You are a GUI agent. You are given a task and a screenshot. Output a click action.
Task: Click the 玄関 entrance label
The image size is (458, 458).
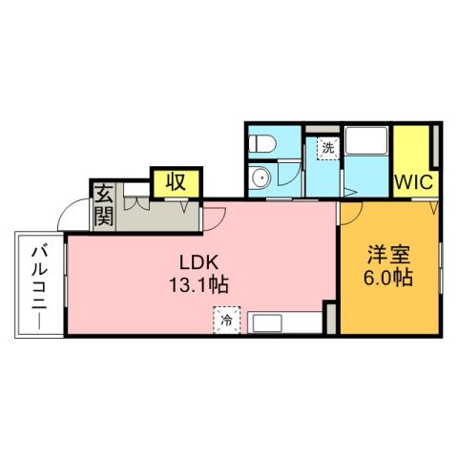[103, 203]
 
